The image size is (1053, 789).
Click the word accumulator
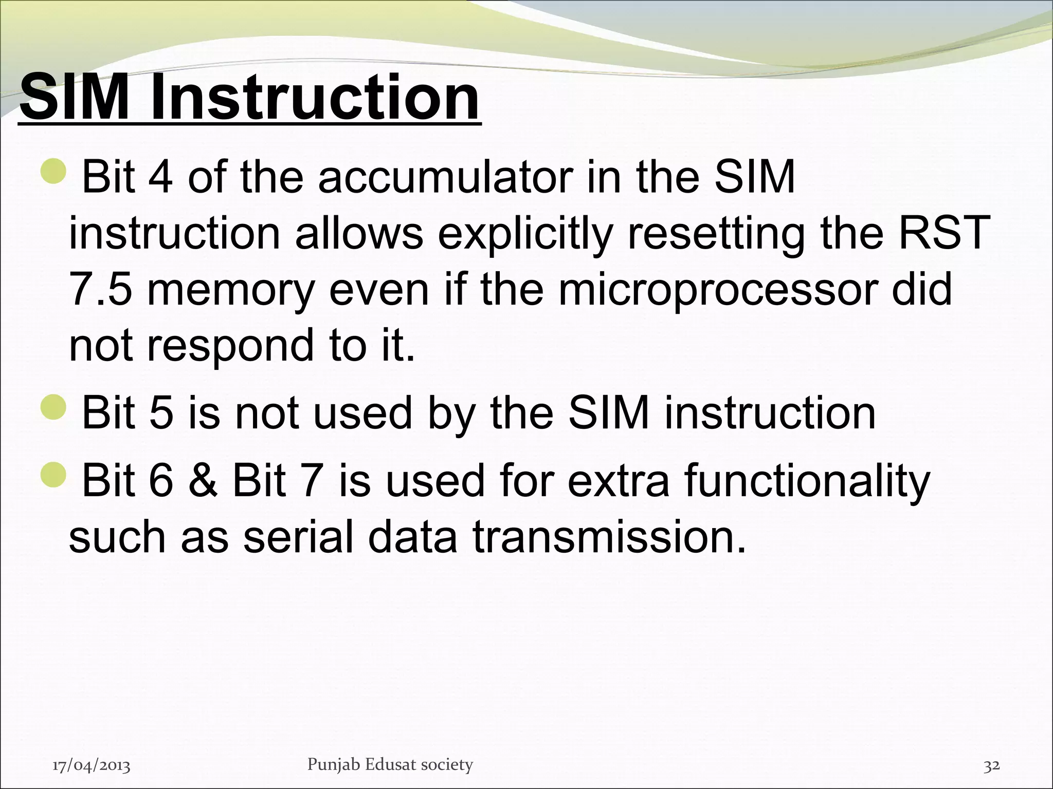click(x=445, y=177)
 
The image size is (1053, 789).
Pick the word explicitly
click(x=525, y=234)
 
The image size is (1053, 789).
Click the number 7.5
click(x=100, y=290)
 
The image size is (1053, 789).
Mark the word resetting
click(x=716, y=234)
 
